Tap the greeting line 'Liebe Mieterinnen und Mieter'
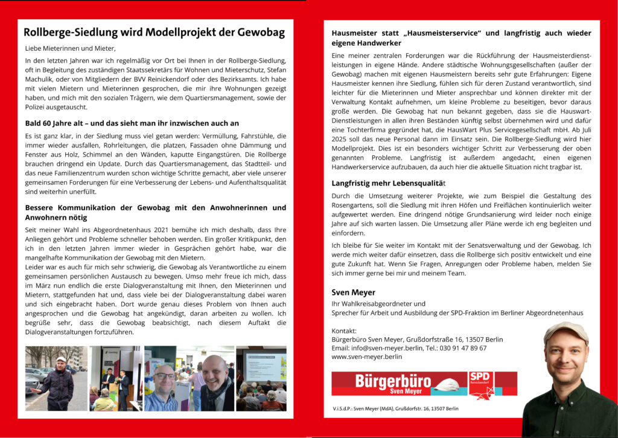(x=70, y=48)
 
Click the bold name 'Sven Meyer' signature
(x=354, y=292)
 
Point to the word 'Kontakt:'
(x=345, y=330)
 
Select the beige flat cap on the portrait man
(x=565, y=332)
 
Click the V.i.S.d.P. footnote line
(x=395, y=409)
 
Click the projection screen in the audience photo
(x=266, y=365)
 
